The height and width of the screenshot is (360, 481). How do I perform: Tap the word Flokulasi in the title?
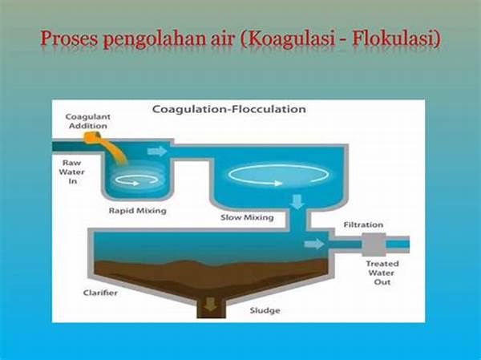coord(396,38)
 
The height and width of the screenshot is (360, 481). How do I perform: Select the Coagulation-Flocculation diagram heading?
coord(228,109)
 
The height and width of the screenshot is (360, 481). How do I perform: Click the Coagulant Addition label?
coord(87,121)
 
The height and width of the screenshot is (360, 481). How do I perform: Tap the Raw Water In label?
coord(72,172)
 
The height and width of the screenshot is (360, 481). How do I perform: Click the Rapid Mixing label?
coord(138,211)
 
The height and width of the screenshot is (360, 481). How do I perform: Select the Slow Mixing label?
coord(247,217)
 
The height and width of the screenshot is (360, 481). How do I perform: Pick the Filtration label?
coord(363,225)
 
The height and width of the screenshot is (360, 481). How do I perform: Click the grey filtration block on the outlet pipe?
coord(374,245)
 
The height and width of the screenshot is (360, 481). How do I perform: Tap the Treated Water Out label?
coord(382,273)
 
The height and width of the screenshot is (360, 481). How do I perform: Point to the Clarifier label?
coord(100,293)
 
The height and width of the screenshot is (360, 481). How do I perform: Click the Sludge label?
coord(265,310)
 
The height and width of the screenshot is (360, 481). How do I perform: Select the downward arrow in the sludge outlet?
coord(211,305)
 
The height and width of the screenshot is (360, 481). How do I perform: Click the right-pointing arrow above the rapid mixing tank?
coord(157,152)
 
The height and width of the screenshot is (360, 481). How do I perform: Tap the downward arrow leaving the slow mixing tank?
coord(297,202)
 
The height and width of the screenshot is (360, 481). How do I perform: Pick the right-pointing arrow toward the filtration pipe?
coord(313,245)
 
